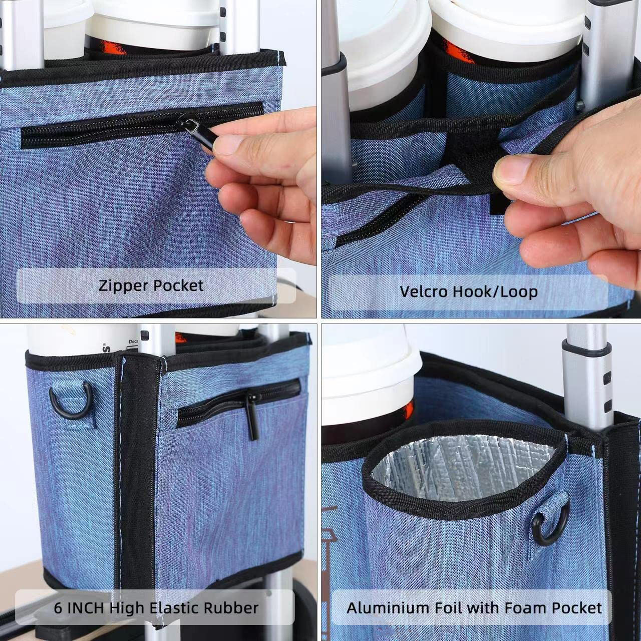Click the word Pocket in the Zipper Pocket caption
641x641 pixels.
(x=177, y=286)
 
